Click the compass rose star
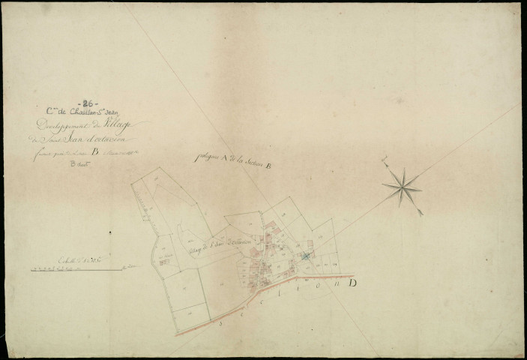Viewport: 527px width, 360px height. click(x=402, y=186)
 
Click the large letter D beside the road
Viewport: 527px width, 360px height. click(x=352, y=283)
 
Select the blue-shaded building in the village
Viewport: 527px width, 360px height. click(x=306, y=256)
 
